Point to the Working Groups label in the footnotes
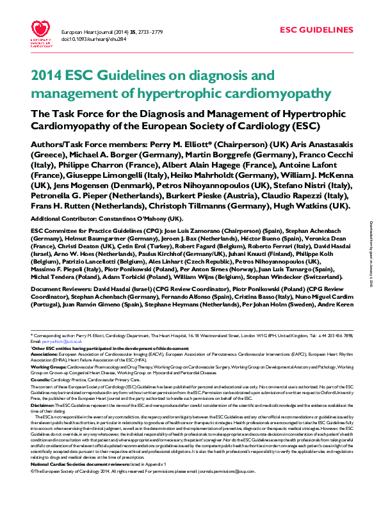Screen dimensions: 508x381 point(45,367)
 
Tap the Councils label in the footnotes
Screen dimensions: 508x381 point(40,379)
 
